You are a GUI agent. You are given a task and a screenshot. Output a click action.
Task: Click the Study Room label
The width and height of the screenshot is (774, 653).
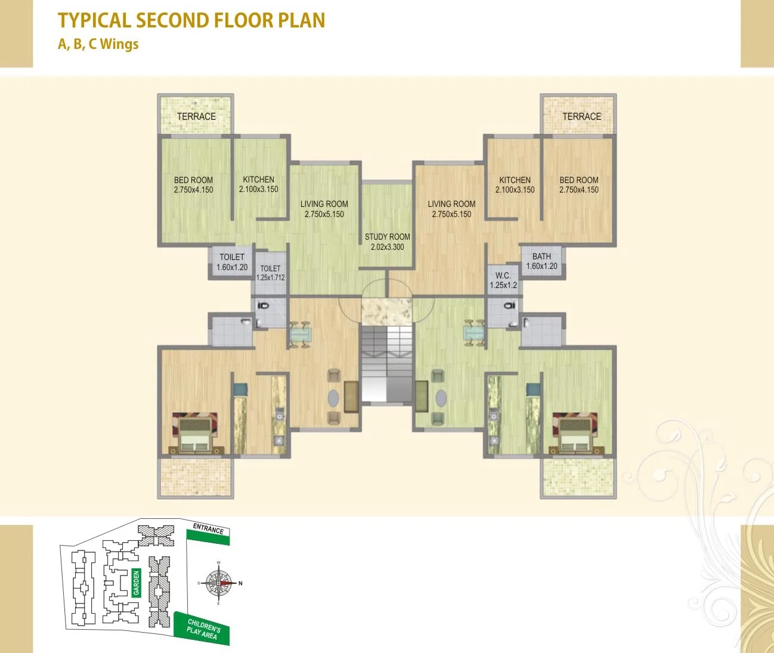point(388,242)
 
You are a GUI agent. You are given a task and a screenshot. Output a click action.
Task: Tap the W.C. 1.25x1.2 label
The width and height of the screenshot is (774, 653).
point(503,280)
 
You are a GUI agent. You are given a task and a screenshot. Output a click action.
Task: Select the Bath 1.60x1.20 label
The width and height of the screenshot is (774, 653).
point(541,261)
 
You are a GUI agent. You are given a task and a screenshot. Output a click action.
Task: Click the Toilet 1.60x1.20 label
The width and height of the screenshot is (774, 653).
point(232,262)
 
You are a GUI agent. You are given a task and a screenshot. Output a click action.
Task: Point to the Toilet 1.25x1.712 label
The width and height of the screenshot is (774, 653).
point(270,273)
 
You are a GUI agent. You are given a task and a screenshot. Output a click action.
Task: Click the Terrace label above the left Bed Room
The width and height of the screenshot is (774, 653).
point(196,116)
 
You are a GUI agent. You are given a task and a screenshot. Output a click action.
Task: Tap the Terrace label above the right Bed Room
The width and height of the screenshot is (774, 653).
point(581,116)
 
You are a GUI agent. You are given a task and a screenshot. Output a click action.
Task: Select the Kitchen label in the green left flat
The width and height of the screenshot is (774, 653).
point(258,184)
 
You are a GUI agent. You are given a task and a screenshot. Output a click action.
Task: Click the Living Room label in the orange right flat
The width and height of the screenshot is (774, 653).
point(451,209)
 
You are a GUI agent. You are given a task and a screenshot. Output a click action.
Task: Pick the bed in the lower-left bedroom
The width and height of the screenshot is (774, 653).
point(196,432)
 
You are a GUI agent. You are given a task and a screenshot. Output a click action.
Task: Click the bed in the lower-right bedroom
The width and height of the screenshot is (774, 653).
point(575,432)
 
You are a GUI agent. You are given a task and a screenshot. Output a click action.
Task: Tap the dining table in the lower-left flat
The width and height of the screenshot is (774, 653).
point(301,335)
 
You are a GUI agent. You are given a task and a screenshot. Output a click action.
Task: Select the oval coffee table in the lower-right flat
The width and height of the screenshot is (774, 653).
point(441,398)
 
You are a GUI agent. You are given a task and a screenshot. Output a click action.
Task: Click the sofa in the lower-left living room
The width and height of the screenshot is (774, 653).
point(351,397)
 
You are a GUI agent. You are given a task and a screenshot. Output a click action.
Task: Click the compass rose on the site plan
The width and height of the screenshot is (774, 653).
point(219,583)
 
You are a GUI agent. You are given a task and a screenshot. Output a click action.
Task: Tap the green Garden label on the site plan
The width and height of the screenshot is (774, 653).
point(137,583)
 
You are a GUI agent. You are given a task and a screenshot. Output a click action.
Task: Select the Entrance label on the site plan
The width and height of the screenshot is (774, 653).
point(208,529)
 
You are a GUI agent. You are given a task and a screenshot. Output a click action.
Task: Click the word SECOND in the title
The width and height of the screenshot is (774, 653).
point(174,20)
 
